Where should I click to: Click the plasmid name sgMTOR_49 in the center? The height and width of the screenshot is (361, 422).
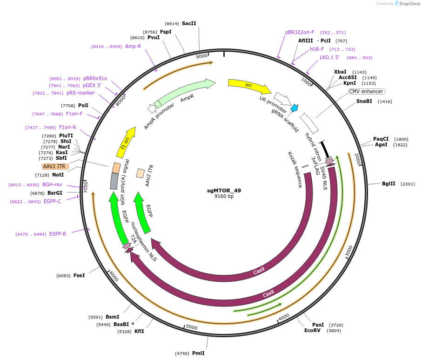point(224,191)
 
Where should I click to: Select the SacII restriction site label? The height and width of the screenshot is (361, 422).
point(189,23)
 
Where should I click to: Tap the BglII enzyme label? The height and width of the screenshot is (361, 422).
point(389,184)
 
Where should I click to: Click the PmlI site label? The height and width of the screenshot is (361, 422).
point(198,353)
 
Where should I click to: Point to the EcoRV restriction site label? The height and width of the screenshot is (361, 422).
point(313,330)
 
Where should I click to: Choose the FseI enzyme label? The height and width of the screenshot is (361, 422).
point(79,275)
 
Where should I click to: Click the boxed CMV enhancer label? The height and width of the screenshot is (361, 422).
point(367,91)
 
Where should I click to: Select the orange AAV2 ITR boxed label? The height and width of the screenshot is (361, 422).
point(55,166)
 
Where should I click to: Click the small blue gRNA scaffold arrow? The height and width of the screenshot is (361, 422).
point(294,108)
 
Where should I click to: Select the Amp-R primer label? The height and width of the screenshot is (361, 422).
point(133,46)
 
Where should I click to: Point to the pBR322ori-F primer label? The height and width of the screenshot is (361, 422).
point(300,33)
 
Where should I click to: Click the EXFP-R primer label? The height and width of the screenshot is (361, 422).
point(58,234)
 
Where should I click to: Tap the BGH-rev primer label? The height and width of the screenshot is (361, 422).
point(52,184)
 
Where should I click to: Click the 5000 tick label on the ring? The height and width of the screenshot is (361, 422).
point(192,327)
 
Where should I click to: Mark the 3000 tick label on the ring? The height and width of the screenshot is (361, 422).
point(349,252)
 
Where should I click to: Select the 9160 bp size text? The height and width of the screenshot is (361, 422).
point(224,197)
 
